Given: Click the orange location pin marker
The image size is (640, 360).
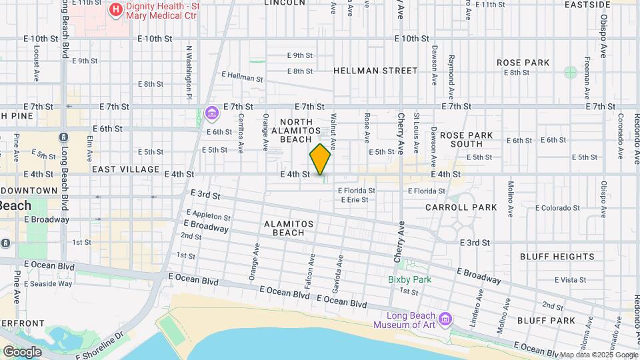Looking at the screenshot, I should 320,159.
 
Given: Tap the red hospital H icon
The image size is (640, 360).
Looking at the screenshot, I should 116,9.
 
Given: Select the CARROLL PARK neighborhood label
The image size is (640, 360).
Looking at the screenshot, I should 461,207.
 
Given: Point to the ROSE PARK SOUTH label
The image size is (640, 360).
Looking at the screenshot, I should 466,139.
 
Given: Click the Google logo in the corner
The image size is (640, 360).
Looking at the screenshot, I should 21,352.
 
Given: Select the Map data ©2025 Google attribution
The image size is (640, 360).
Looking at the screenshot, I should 598,355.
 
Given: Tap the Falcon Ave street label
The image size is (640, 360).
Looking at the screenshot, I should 312,266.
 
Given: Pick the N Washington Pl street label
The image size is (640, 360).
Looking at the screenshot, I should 189,68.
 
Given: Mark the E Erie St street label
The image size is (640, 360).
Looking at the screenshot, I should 353,199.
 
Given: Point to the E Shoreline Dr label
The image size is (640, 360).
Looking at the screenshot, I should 100,345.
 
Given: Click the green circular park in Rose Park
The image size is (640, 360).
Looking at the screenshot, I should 570,72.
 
